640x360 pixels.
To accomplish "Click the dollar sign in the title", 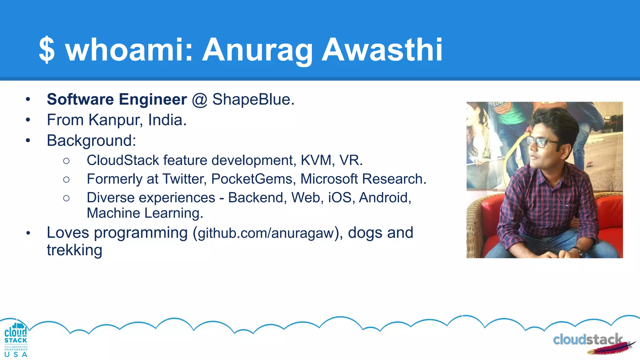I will point(47,50).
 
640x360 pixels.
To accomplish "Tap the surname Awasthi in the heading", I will point(382,50).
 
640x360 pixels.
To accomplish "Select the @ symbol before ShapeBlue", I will point(199,100).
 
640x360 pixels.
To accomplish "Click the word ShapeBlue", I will point(253,100).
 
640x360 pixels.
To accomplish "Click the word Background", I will point(91,141).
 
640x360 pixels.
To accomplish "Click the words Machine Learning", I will point(145,213).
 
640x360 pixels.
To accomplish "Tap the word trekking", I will point(74,250).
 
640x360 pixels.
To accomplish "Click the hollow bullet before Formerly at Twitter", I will point(66,179).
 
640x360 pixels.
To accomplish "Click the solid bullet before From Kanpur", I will point(28,120).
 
